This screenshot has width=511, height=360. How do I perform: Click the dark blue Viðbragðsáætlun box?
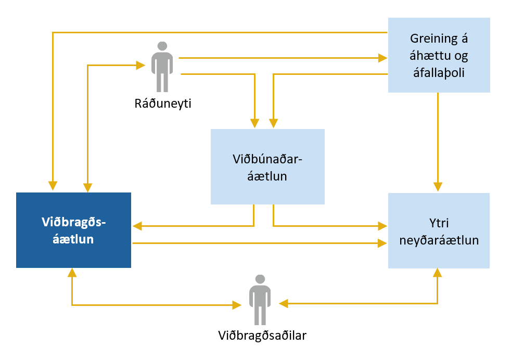(x=73, y=230)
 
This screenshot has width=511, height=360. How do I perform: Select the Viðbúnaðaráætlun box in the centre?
(x=267, y=166)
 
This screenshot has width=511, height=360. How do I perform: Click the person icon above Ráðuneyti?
(x=162, y=67)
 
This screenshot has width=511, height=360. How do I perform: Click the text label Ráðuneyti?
(x=162, y=104)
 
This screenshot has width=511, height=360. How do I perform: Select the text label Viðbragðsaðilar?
(x=262, y=336)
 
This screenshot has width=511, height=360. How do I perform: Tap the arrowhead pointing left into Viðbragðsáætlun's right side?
(x=137, y=226)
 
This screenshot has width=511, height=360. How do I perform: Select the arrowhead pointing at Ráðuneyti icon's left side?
(x=140, y=65)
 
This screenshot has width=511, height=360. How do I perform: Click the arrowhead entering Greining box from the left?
(x=384, y=57)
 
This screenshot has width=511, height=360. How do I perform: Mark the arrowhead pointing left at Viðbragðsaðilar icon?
(x=283, y=303)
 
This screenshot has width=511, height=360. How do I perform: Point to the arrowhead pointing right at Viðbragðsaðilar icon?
(x=237, y=304)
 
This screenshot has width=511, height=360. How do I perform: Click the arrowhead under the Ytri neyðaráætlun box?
(x=438, y=273)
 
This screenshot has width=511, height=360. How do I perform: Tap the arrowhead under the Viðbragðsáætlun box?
(x=72, y=273)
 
